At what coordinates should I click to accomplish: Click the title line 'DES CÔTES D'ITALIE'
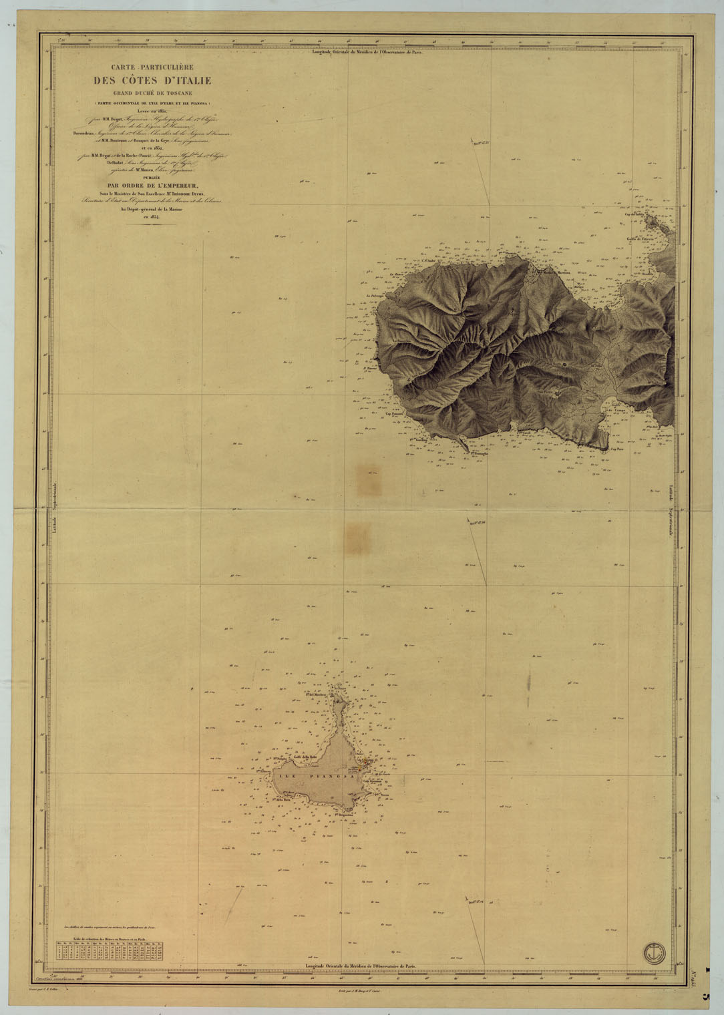152,81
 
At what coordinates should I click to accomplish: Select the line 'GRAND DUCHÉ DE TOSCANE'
152,93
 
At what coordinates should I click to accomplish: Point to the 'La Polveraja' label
376,294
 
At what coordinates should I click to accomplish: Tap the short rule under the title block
152,225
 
